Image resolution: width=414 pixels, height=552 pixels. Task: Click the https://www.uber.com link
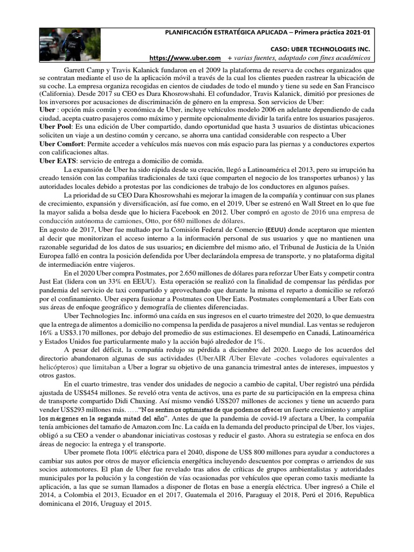tap(185, 58)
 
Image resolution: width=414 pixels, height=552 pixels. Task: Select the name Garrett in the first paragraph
tap(77, 70)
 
